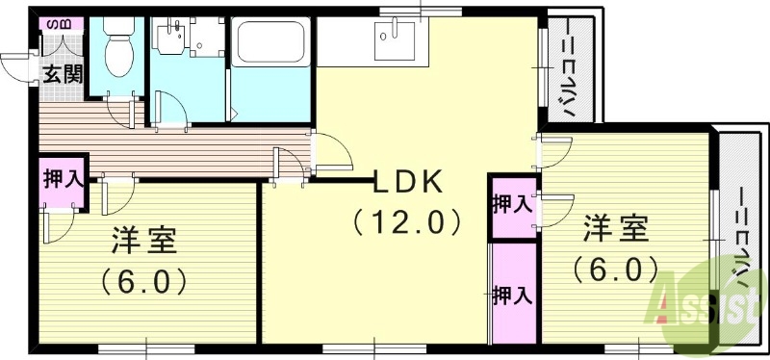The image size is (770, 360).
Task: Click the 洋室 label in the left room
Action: click(142, 239)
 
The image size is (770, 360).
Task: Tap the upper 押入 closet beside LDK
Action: click(511, 204)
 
